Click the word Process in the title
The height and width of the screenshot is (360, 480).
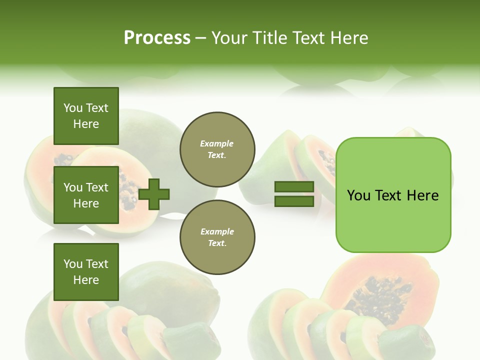tap(157, 38)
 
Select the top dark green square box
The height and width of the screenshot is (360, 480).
tap(86, 116)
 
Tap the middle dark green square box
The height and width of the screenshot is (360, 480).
tap(86, 195)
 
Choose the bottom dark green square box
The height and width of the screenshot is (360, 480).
tap(86, 272)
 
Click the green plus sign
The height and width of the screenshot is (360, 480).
tap(154, 194)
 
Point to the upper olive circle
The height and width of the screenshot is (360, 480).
tap(217, 149)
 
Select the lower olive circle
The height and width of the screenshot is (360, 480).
tap(217, 237)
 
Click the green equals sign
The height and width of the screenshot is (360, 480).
tap(294, 194)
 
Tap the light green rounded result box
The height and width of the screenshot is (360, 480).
tap(393, 195)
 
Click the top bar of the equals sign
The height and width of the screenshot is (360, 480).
tap(294, 187)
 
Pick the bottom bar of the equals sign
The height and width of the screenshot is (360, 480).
tap(294, 201)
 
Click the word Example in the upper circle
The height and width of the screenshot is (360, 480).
tap(217, 143)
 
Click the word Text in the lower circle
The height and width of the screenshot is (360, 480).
tap(216, 243)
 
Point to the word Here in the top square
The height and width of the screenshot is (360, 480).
tap(86, 124)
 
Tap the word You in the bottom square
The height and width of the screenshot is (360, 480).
tap(73, 264)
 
